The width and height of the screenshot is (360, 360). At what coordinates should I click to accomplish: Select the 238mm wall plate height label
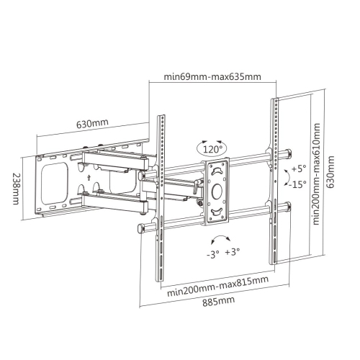[16, 187]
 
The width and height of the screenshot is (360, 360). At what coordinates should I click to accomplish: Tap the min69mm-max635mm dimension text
[212, 77]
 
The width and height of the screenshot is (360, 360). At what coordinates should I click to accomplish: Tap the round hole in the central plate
[217, 191]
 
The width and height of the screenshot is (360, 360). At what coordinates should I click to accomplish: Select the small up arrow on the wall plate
[86, 175]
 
